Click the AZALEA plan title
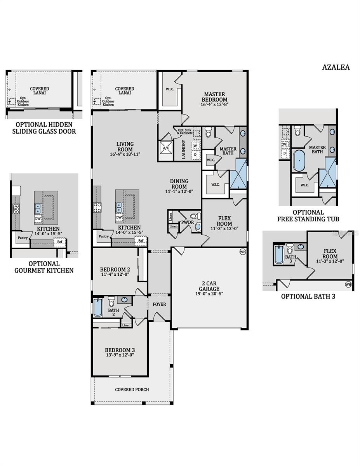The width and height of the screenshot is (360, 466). pos(336,67)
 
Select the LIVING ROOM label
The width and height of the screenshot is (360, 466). pos(125,147)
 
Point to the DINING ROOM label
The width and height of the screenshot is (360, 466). pos(179,184)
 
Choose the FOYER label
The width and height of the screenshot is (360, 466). pos(159,304)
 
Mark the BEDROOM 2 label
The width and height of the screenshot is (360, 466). pos(115,270)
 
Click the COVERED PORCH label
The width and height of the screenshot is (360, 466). pos(132,389)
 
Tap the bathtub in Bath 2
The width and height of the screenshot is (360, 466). pos(97,307)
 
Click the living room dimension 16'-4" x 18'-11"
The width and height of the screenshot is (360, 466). pos(125,154)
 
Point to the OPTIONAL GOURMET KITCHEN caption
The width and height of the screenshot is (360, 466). pos(44,267)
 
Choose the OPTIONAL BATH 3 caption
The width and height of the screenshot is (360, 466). pos(308,297)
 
